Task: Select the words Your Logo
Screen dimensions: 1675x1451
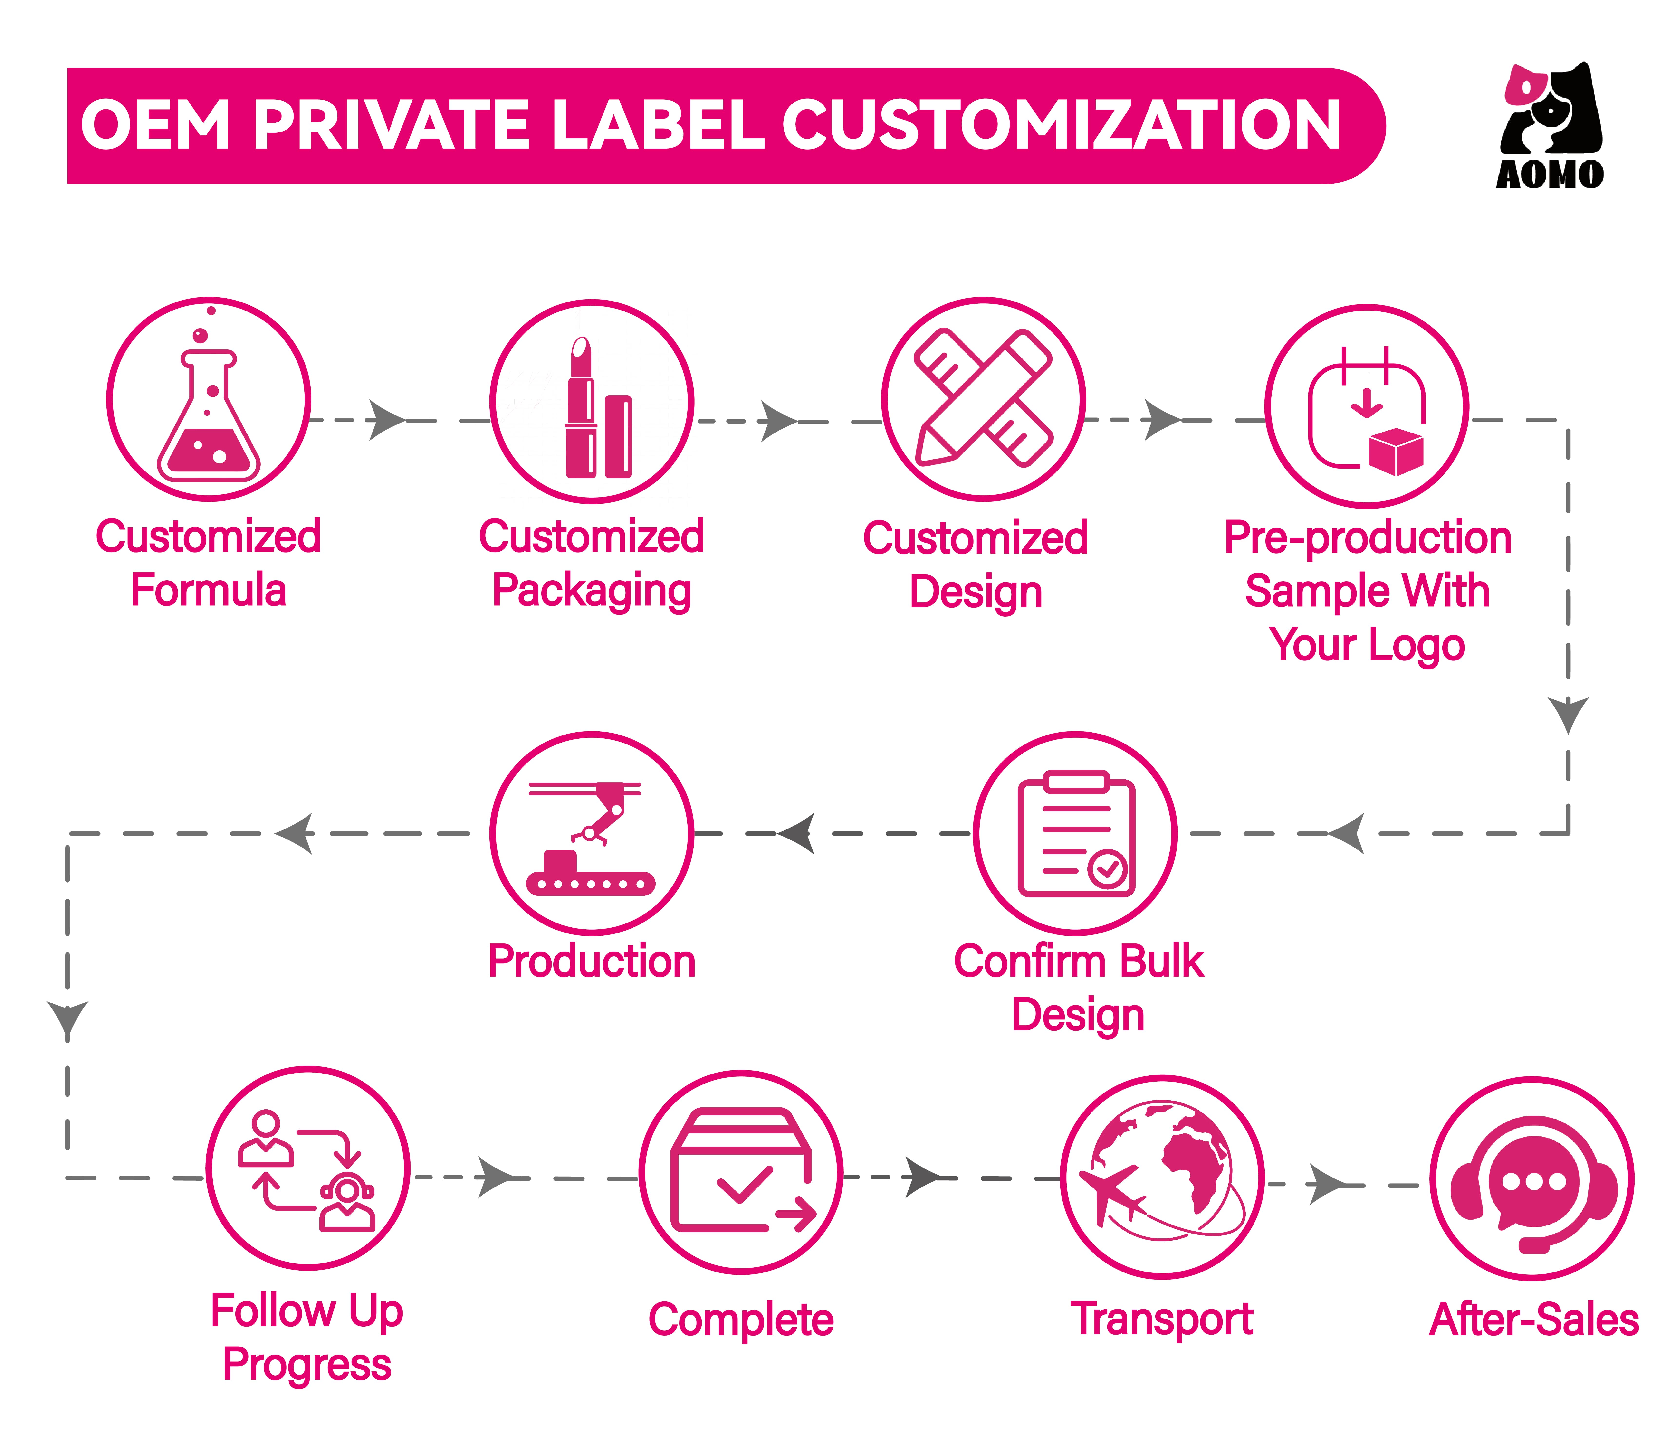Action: (x=1367, y=645)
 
